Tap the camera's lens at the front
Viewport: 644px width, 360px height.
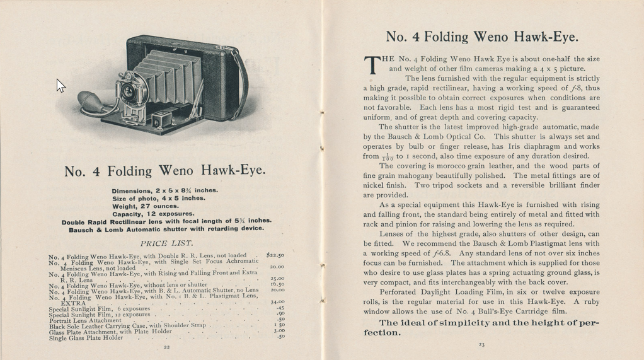click(129, 91)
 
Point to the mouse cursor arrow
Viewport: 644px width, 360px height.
click(60, 85)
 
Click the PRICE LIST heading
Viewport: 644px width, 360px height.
click(166, 243)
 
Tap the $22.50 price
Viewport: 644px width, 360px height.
click(275, 255)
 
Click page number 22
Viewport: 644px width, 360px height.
click(166, 347)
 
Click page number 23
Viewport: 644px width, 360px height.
click(481, 344)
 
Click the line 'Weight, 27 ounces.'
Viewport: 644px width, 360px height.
click(146, 206)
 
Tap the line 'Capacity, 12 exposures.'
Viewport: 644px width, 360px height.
click(153, 213)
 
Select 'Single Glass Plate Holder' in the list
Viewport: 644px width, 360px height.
click(86, 337)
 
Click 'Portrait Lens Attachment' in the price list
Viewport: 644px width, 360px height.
click(85, 320)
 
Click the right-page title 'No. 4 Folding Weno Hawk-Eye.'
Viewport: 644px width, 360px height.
click(481, 37)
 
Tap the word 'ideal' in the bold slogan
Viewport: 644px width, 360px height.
click(422, 323)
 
